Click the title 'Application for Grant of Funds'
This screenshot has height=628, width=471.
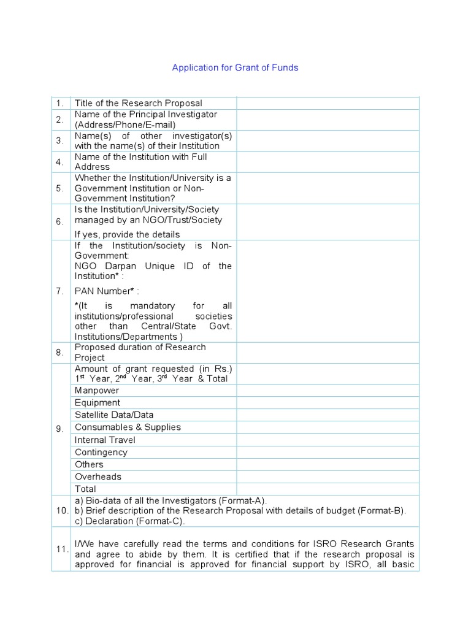click(235, 67)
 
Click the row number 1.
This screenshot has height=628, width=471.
click(60, 103)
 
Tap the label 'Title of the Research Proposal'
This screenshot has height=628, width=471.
click(138, 103)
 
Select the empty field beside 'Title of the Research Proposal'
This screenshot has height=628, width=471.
click(327, 103)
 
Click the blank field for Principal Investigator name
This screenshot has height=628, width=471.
click(327, 120)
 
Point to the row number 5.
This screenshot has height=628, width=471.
click(60, 188)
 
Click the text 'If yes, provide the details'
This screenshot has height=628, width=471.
click(127, 234)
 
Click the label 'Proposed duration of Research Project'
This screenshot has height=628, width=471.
click(140, 352)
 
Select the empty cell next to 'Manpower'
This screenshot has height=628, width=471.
click(327, 391)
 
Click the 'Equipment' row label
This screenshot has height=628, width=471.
click(98, 403)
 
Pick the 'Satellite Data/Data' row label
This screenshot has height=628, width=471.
click(114, 415)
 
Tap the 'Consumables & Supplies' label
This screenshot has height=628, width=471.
click(128, 427)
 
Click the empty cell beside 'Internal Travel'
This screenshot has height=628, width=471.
click(327, 440)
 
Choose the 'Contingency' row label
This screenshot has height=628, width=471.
click(101, 452)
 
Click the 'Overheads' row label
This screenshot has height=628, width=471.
click(98, 477)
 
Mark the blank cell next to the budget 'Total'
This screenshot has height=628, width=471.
click(327, 489)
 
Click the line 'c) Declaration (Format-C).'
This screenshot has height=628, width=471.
click(129, 521)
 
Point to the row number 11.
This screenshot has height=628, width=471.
click(61, 549)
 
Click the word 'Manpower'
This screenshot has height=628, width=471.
click(97, 391)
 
